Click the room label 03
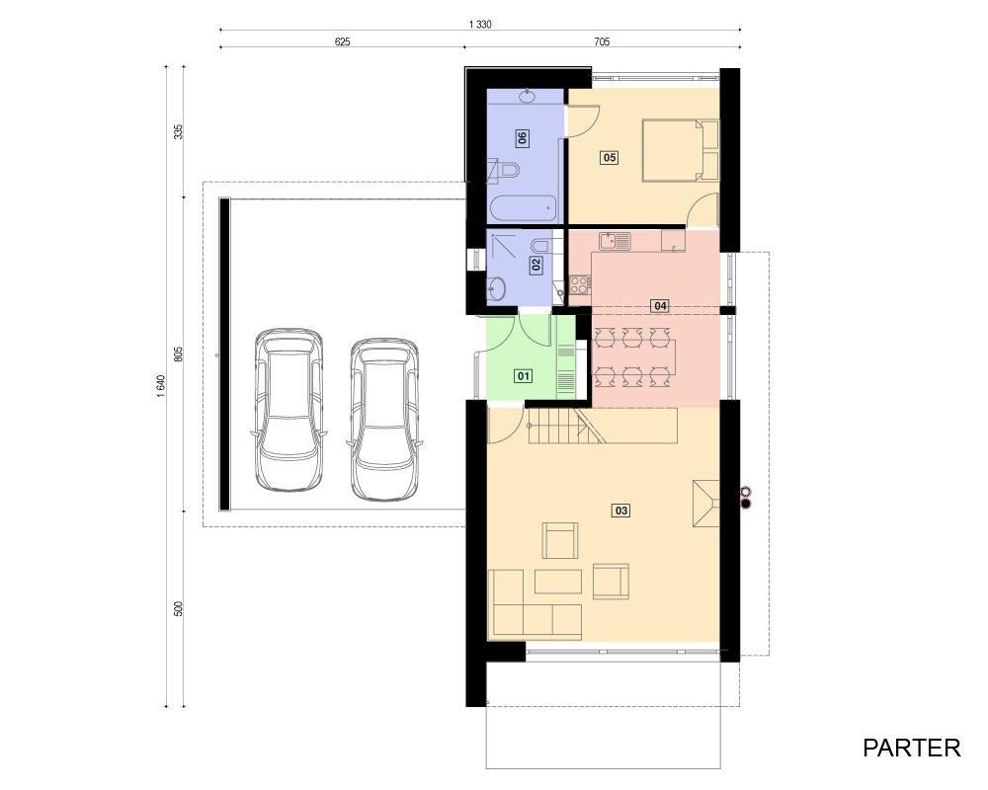(620, 511)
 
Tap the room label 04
(660, 305)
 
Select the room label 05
(610, 157)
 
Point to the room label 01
(524, 376)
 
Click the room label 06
(523, 137)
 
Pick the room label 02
(536, 265)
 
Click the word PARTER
(911, 748)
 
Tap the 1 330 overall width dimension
(480, 25)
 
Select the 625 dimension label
(342, 42)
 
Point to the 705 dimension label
(602, 42)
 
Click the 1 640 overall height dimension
(161, 386)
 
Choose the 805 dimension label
(178, 354)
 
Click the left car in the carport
(288, 410)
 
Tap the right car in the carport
(383, 420)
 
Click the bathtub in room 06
(523, 208)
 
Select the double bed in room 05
(681, 150)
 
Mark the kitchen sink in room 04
(615, 241)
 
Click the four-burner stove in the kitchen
(580, 284)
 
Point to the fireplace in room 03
(705, 504)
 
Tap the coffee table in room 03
(557, 582)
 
